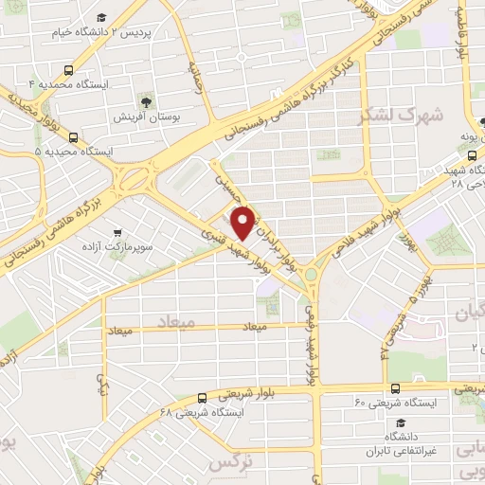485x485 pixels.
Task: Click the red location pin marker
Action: (x=244, y=222)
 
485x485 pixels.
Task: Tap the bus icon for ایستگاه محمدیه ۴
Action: (x=68, y=70)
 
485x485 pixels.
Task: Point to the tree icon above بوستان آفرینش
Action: (x=145, y=100)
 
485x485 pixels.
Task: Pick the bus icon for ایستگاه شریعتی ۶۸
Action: (x=202, y=399)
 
